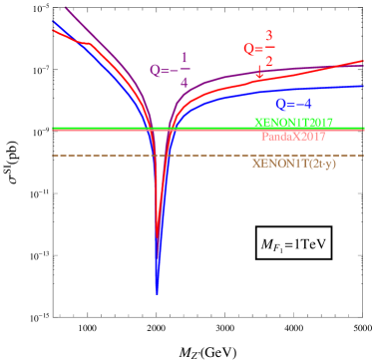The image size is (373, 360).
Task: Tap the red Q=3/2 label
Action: click(257, 49)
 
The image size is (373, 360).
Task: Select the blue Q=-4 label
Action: click(293, 104)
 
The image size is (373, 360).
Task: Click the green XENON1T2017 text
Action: click(293, 123)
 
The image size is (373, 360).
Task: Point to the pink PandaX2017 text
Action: click(293, 136)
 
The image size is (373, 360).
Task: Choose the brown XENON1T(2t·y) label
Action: click(294, 164)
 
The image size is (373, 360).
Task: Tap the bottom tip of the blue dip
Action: click(157, 293)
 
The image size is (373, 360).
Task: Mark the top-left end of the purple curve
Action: click(66, 8)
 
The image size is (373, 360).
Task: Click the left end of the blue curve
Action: click(53, 21)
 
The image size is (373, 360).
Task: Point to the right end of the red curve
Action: click(364, 61)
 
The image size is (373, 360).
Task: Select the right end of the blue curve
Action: click(364, 86)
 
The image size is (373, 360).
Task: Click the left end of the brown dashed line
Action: click(54, 156)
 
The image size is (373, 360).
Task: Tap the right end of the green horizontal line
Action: click(364, 129)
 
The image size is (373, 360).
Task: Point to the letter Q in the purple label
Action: click(155, 71)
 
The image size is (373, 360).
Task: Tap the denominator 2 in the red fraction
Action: click(268, 60)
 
